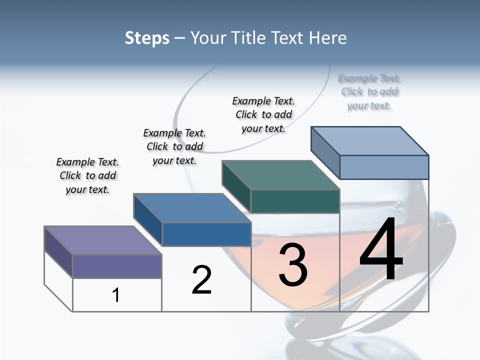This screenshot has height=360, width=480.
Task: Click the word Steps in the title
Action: (147, 38)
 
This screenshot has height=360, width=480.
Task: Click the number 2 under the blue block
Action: (201, 279)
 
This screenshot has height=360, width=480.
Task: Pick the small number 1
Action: (116, 295)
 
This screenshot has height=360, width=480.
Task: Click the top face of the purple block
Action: (103, 240)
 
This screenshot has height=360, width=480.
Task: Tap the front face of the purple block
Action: (117, 266)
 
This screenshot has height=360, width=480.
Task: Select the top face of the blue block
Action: (192, 208)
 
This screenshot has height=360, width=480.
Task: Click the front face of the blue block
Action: (206, 234)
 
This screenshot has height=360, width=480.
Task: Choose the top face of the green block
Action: (280, 175)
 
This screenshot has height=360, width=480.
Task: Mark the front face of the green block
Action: (295, 201)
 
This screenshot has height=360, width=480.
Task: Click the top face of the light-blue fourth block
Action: (369, 141)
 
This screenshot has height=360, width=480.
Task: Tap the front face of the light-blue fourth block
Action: (384, 167)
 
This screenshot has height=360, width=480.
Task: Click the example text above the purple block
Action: (87, 175)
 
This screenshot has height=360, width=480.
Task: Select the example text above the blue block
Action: (174, 146)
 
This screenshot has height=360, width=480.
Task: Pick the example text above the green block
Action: (263, 114)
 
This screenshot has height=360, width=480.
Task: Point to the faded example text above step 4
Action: (369, 91)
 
